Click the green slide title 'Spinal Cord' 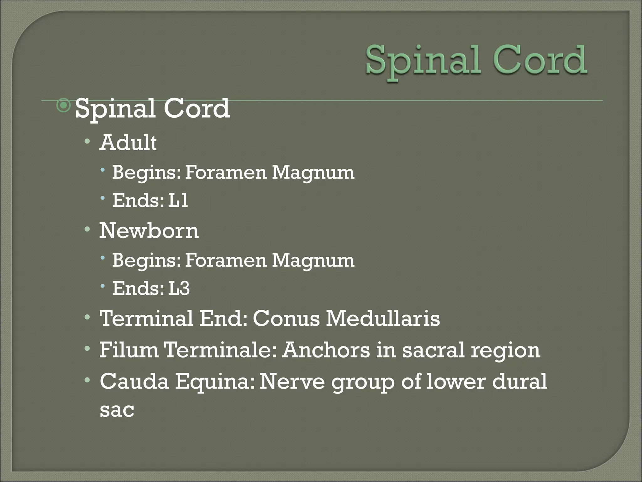476,61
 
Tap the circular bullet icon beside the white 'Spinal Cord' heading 64,106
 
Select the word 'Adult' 128,143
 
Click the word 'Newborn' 149,231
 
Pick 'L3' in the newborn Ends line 179,288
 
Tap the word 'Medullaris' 383,319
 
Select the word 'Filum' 129,350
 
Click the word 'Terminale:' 220,350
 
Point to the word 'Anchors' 326,350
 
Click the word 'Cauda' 134,381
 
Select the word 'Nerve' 292,381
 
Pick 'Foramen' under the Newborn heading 225,260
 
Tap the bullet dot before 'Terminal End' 87,317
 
